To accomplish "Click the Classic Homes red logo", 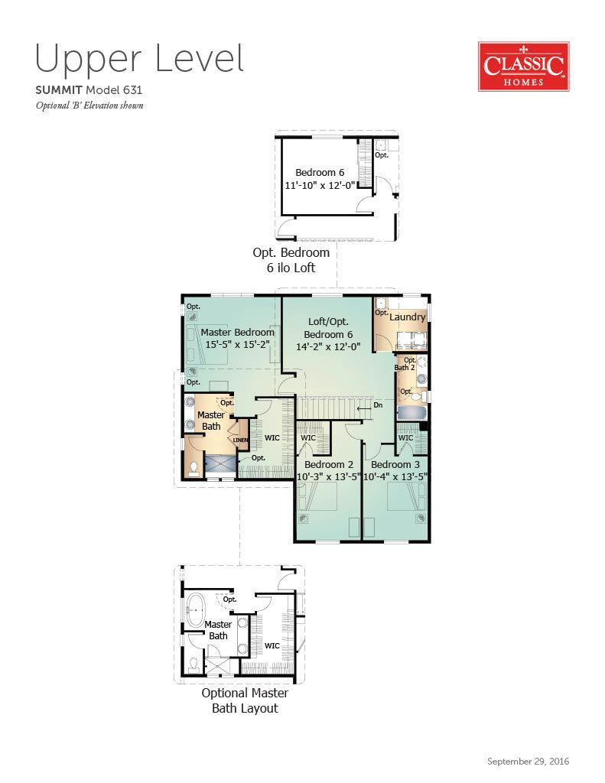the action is pos(524,67).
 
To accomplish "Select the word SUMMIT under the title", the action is pos(58,90).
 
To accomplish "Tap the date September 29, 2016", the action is pos(528,762).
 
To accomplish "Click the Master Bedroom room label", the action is pos(237,332).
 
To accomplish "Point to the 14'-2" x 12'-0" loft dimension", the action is pos(328,346).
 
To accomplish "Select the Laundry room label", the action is pos(407,317).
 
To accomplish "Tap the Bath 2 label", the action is pos(404,368).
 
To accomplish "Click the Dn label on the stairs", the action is pos(378,405).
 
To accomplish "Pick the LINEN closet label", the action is pos(241,440).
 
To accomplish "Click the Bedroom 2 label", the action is pos(329,464).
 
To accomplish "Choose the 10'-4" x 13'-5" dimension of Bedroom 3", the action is pos(395,476).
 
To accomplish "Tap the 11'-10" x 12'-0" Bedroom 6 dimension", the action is pos(320,185).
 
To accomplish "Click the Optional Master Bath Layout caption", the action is pos(245,700).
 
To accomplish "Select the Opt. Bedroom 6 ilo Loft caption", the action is pos(291,260).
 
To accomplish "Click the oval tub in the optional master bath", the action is pos(195,609).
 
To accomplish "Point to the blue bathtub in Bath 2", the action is pos(411,413).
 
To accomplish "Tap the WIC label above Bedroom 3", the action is pos(405,438).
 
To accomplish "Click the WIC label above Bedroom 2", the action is pos(308,438).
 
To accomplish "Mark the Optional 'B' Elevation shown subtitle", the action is pos(89,106).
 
